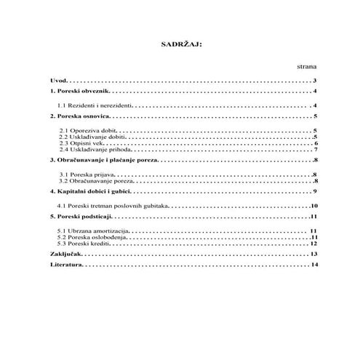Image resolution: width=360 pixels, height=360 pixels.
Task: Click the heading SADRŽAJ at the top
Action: tap(180, 44)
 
